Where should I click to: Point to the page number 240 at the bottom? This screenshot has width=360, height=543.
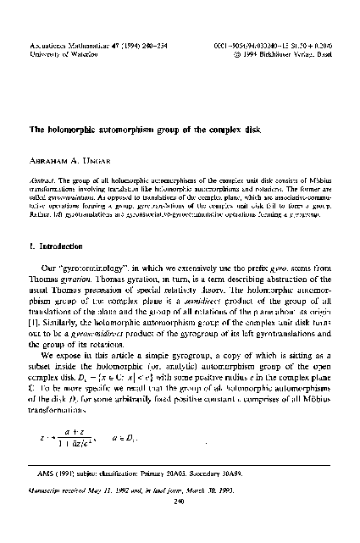tap(179, 524)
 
